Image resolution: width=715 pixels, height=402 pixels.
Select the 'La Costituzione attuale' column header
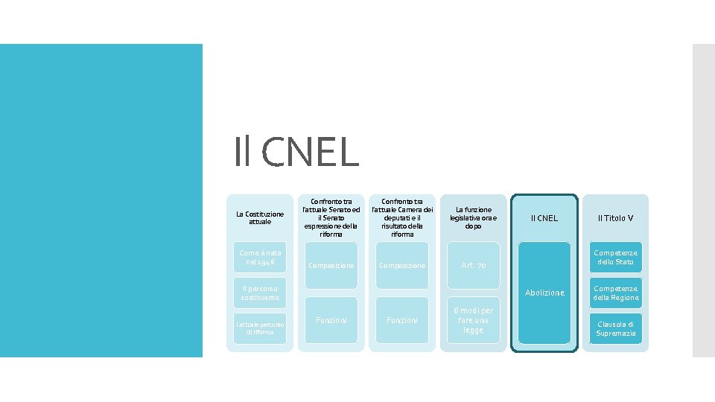pos(259,218)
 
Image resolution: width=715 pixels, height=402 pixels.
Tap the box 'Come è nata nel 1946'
pos(259,258)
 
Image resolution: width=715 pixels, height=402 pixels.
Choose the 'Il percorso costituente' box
pos(259,293)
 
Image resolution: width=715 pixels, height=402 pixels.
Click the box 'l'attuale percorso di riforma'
pos(259,328)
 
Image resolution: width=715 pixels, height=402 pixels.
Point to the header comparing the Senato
pos(331,218)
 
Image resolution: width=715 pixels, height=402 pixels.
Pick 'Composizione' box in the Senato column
pos(331,266)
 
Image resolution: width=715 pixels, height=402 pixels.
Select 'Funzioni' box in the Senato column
pos(331,320)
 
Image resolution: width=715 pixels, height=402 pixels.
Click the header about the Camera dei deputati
pos(401,218)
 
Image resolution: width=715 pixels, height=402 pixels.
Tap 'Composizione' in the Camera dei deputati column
pos(401,266)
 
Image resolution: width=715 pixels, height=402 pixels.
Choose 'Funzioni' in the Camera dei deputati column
pos(401,320)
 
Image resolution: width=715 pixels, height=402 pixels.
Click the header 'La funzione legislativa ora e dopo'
pos(473,218)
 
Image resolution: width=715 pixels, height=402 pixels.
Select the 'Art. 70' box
pos(473,266)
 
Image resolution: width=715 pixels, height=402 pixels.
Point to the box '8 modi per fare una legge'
pos(473,320)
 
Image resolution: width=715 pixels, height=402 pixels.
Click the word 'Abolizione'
pos(544,293)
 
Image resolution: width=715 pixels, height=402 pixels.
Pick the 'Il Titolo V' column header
pos(615,218)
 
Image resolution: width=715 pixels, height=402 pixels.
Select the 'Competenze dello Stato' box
pos(615,258)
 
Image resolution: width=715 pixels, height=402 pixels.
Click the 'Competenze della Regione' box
pos(615,293)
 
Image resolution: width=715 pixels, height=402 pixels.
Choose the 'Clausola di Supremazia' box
pos(615,328)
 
